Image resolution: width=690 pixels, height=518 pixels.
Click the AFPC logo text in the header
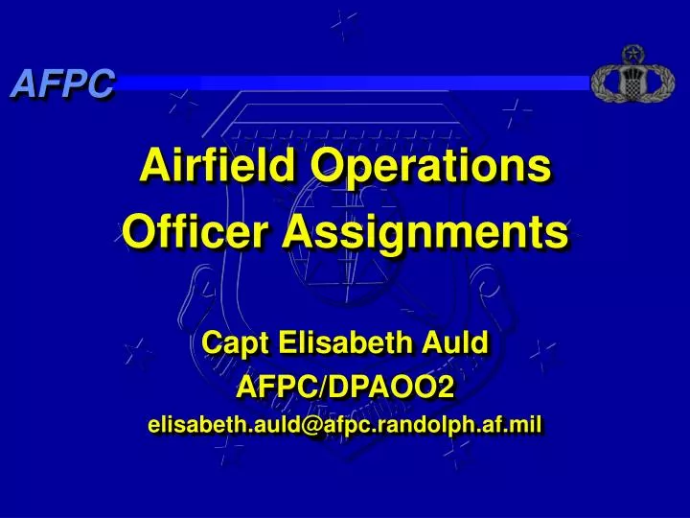point(62,84)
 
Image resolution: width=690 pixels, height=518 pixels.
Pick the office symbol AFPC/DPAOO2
point(345,386)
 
